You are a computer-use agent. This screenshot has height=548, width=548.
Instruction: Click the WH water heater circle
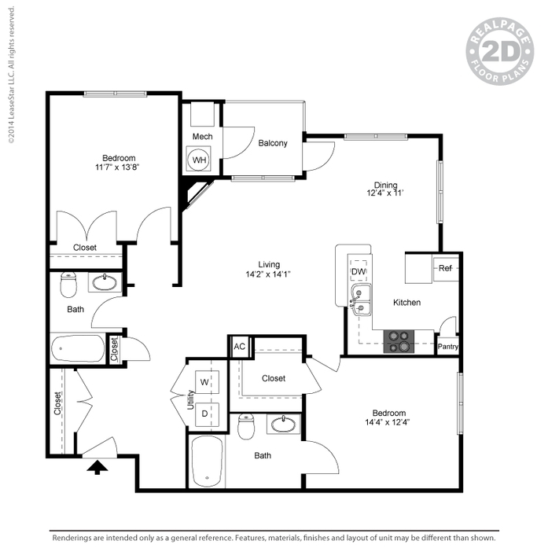click(200, 160)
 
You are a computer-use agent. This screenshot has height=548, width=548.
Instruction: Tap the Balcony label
click(272, 143)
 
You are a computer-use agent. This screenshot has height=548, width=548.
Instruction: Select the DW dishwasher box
click(359, 271)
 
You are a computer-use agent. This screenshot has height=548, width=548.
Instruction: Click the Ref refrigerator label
click(445, 268)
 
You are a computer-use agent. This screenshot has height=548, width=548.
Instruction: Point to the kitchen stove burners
click(399, 340)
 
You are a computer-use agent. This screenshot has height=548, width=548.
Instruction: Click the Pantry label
click(447, 347)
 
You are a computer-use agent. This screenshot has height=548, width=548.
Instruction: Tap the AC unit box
click(239, 346)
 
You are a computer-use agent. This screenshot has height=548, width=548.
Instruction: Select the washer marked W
click(204, 383)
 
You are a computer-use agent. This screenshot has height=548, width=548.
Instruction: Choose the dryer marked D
click(204, 412)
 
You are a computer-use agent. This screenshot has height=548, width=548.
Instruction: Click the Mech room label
click(202, 137)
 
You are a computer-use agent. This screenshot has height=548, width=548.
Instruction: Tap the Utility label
click(190, 400)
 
